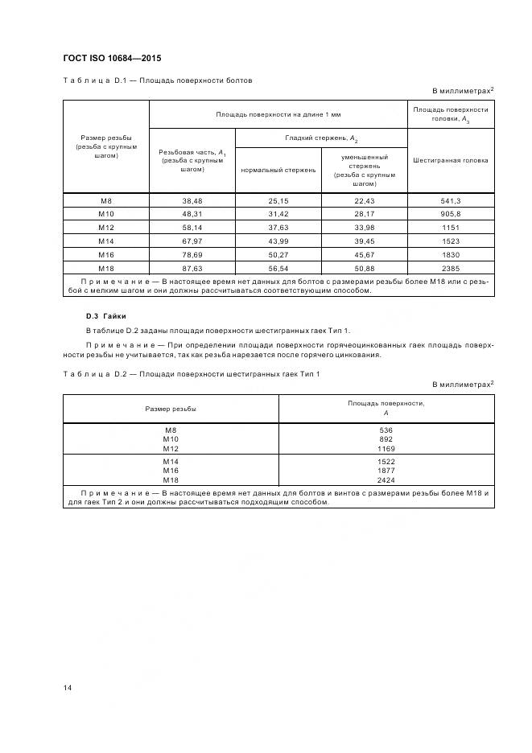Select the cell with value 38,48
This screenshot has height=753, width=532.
coord(192,200)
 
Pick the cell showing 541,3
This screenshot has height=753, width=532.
coord(451,200)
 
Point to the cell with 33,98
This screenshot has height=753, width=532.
coord(365,227)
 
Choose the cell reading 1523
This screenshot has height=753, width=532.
coord(451,240)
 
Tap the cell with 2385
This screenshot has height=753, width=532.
coord(451,267)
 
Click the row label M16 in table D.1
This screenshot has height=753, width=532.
coord(106,253)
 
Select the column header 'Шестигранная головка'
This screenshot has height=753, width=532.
coord(451,160)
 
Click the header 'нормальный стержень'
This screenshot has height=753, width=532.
coord(278,170)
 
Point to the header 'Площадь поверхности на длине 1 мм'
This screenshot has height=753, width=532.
coord(278,113)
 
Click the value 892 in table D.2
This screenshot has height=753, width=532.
coord(386,438)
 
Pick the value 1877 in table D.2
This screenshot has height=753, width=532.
coord(386,469)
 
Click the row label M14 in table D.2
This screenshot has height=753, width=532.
coord(171,460)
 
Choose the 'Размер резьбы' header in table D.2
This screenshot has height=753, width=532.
coord(171,409)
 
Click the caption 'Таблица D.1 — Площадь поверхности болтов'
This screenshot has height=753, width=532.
coord(158,80)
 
